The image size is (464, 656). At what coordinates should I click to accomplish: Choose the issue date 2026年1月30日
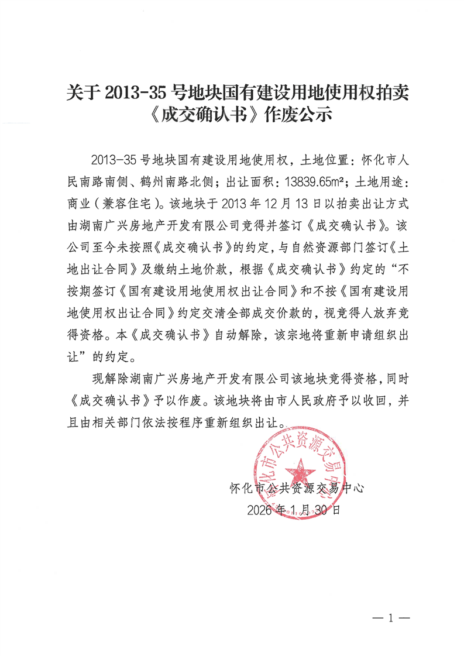(x=293, y=510)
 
